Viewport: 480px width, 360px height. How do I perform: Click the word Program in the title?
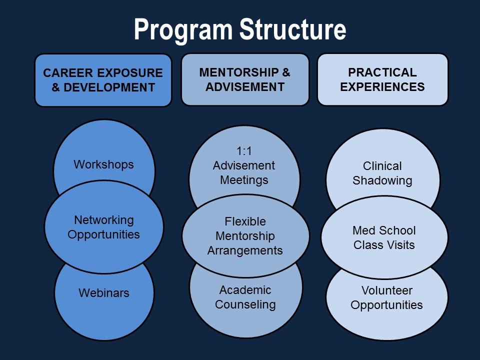click(x=183, y=29)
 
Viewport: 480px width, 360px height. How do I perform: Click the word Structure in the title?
click(x=292, y=29)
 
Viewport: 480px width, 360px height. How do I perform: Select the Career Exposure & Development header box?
click(x=103, y=80)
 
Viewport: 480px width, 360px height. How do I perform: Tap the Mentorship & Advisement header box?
click(x=245, y=79)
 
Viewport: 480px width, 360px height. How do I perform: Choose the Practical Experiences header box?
click(x=382, y=79)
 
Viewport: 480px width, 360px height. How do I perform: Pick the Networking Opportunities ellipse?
click(x=104, y=227)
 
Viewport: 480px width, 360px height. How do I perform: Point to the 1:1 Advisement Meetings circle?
click(x=244, y=162)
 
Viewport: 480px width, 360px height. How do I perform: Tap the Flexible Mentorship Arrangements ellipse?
click(x=245, y=236)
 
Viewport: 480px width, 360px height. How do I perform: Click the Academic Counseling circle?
click(x=246, y=303)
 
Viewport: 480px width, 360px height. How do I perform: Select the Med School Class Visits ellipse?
click(x=384, y=237)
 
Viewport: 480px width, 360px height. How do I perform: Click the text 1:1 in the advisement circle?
click(x=244, y=151)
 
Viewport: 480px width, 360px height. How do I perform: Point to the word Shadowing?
click(x=382, y=180)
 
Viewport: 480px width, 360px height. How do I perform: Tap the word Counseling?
click(x=245, y=304)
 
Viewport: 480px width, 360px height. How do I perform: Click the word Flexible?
click(x=245, y=221)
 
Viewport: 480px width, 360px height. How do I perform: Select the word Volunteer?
click(x=387, y=290)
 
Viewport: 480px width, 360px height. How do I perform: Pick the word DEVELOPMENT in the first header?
click(x=109, y=87)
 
